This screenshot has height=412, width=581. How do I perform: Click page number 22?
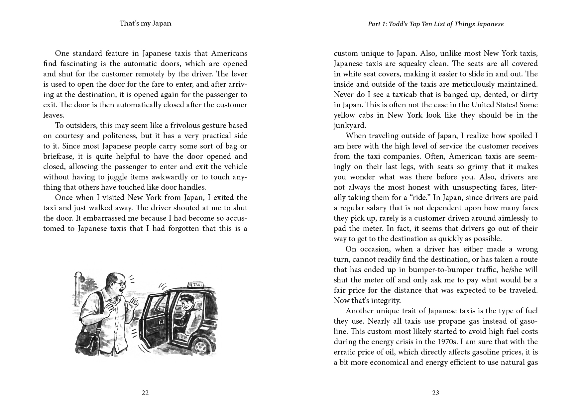point(145,393)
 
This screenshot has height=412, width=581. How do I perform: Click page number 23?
point(435,393)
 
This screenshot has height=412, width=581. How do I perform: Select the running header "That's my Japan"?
point(145,23)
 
